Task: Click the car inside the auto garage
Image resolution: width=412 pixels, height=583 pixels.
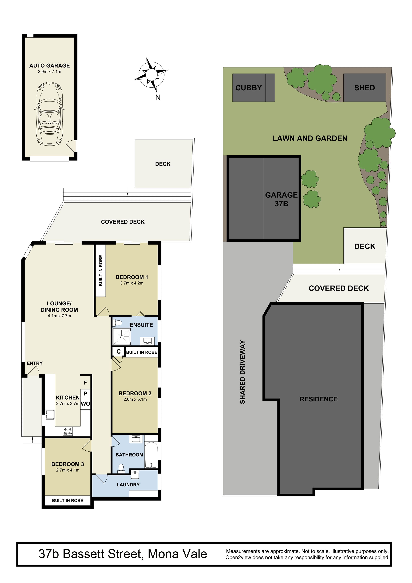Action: pyautogui.click(x=50, y=113)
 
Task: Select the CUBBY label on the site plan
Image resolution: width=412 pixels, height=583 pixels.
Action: pyautogui.click(x=249, y=88)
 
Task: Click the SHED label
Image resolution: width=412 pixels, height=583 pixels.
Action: pyautogui.click(x=364, y=88)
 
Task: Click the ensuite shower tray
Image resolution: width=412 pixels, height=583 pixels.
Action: pyautogui.click(x=122, y=337)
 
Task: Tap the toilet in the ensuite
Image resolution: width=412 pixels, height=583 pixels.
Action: pyautogui.click(x=117, y=322)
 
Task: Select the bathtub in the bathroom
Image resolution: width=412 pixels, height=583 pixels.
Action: pyautogui.click(x=151, y=455)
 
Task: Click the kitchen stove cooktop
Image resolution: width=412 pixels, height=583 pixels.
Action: pyautogui.click(x=68, y=431)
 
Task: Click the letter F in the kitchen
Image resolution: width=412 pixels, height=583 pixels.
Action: pyautogui.click(x=85, y=383)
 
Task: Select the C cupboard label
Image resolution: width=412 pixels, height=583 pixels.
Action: pyautogui.click(x=118, y=352)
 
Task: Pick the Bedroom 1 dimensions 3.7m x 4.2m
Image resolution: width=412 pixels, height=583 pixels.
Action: pyautogui.click(x=132, y=283)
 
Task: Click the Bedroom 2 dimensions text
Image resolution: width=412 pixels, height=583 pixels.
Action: pyautogui.click(x=135, y=399)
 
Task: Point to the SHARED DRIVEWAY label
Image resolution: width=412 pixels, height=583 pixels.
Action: pyautogui.click(x=242, y=372)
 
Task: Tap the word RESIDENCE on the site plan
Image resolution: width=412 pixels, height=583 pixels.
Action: pyautogui.click(x=319, y=399)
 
